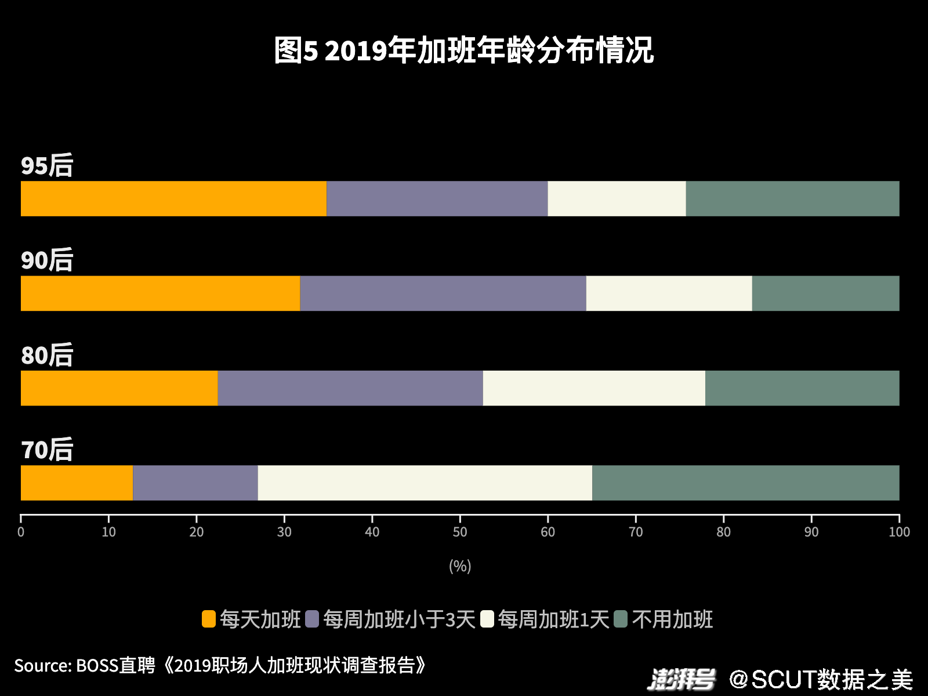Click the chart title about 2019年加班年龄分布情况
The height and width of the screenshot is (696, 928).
464,50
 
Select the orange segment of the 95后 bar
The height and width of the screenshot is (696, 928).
173,198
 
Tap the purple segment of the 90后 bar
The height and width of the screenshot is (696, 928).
443,293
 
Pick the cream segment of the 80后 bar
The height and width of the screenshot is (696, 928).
594,388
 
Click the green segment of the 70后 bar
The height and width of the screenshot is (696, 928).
745,483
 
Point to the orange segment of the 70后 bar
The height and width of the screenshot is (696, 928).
77,483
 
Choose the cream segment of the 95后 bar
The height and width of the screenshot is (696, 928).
617,198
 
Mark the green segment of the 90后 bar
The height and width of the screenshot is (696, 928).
825,293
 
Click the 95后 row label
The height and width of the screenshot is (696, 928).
47,166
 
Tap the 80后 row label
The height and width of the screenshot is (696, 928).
47,355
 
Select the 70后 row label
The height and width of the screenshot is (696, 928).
47,450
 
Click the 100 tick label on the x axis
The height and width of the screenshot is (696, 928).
899,532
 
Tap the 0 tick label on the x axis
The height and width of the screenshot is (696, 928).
21,532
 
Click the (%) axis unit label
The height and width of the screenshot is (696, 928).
460,566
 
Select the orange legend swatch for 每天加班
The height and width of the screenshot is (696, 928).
209,619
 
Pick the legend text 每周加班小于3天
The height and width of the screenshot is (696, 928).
399,619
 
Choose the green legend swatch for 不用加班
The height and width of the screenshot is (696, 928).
621,619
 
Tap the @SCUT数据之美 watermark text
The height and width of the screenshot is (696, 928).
821,679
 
